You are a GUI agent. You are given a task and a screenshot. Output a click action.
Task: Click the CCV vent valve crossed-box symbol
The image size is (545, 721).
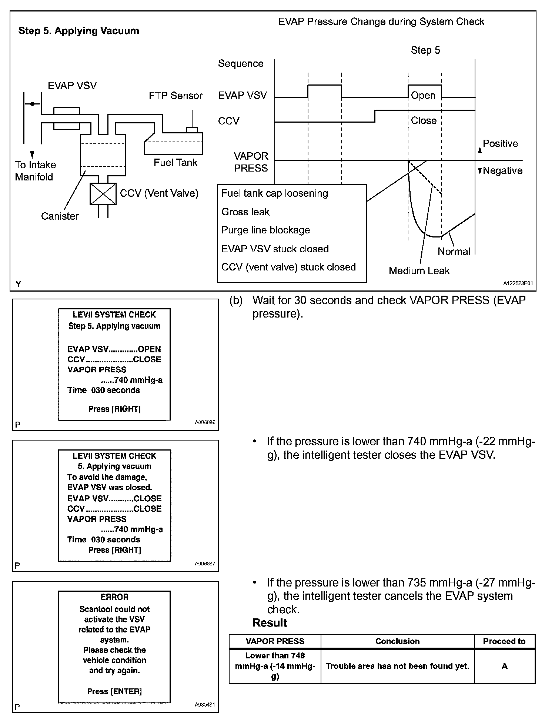(103, 194)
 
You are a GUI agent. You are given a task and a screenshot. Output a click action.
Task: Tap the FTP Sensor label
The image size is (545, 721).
(175, 96)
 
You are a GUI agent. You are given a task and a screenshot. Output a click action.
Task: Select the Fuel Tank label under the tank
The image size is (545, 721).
(175, 163)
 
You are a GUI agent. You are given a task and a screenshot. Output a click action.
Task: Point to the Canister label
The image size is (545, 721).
(60, 216)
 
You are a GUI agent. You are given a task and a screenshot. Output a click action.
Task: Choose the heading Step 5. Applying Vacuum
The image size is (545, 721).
(79, 31)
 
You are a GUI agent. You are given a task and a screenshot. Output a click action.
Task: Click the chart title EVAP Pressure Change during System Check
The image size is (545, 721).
(381, 21)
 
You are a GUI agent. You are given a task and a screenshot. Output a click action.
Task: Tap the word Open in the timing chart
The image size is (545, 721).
(423, 95)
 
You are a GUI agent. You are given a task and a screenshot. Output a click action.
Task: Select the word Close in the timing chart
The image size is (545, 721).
(424, 120)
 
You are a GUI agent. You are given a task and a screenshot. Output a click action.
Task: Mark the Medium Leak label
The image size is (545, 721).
(419, 271)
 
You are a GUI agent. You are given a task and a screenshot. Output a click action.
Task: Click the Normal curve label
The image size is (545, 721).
(454, 251)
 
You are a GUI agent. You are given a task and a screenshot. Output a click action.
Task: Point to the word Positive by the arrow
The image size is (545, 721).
(500, 144)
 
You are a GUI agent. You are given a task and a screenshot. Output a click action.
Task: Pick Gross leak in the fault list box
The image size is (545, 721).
(245, 212)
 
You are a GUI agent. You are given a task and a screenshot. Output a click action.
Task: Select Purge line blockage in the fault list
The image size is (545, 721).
(265, 230)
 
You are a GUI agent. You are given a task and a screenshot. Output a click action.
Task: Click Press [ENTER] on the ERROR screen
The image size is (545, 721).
(114, 691)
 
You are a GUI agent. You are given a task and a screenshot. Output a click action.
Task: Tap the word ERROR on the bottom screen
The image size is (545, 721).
(114, 597)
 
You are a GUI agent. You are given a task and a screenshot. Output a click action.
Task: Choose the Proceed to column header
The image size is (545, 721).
(504, 641)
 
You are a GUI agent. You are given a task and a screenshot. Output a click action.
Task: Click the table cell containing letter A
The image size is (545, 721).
(504, 666)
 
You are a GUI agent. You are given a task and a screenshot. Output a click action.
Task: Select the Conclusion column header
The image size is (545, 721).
(397, 641)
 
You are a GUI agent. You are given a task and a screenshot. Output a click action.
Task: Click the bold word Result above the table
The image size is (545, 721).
(270, 623)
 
